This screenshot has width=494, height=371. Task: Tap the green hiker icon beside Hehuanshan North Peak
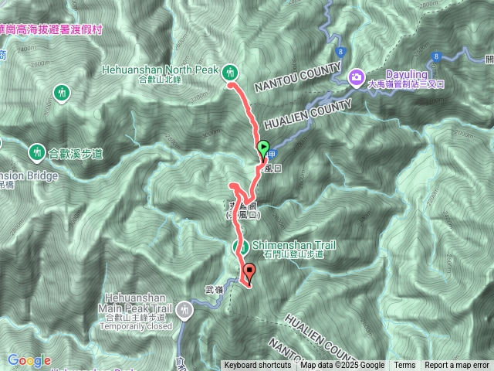[x=229, y=73]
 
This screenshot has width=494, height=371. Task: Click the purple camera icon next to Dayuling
[x=356, y=76]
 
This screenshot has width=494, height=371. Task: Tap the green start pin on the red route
[x=262, y=148]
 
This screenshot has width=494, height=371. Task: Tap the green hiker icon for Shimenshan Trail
[x=240, y=247]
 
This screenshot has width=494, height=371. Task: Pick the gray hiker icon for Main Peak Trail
[x=184, y=311]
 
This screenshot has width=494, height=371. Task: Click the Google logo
[x=29, y=360]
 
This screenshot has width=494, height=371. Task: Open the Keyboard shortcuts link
[x=258, y=366]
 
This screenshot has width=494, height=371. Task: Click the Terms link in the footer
[x=404, y=366]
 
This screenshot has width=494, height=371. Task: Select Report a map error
[x=457, y=366]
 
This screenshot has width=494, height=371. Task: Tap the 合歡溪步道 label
[x=76, y=153]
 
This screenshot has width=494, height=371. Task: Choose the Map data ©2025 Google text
[x=342, y=366]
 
